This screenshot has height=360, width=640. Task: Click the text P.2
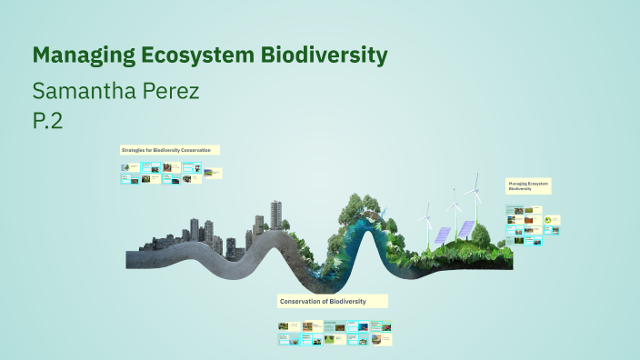47,121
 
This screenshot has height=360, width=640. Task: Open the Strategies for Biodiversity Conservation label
169,149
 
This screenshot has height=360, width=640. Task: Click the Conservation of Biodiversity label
333,301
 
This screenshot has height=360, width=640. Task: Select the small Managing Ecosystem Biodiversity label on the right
528,186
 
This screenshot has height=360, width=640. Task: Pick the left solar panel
442,235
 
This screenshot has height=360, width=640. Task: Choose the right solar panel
465,228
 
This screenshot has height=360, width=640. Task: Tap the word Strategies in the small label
134,149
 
